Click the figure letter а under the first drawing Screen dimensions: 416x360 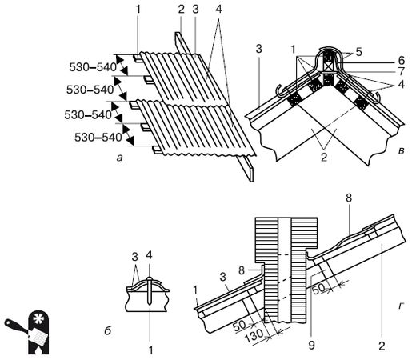[x=120, y=158]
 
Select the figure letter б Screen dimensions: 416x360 [x=107, y=330]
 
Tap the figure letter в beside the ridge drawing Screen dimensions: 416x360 [x=401, y=151]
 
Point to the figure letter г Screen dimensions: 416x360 [x=401, y=306]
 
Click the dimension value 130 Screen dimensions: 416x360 [x=254, y=335]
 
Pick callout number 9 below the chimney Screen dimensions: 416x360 [x=311, y=345]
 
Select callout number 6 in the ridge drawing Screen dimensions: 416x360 [x=402, y=61]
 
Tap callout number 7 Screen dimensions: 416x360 [x=402, y=71]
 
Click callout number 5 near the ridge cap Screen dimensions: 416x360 [x=359, y=52]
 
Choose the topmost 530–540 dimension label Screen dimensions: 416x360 [x=93, y=67]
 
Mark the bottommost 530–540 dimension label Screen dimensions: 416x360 [x=98, y=138]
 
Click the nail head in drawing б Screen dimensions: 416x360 [x=150, y=279]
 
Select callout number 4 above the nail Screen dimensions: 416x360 [x=149, y=255]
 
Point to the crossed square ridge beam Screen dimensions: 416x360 [x=329, y=66]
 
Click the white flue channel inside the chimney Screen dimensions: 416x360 [x=285, y=270]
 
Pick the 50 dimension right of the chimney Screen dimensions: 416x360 [x=319, y=289]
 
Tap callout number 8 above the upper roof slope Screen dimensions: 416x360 [x=348, y=198]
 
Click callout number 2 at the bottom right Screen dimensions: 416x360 [x=382, y=346]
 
